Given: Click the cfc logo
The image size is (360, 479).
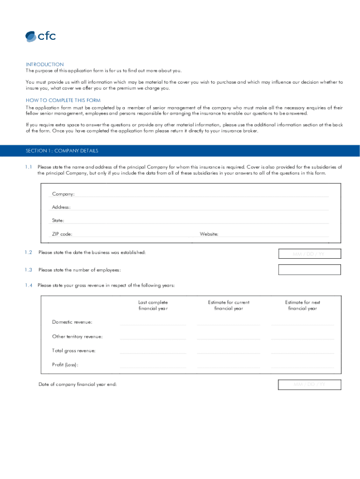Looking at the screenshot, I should coord(40,36).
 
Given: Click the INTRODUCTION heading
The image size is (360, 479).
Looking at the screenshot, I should coord(44,65).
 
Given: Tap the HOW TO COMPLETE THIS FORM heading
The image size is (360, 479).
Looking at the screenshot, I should coord(63,101).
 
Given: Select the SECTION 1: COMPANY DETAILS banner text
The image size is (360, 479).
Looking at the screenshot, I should coord(62,151).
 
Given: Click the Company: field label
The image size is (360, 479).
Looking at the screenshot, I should coord(63,194).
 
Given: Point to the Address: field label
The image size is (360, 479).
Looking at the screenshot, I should coord(61,207).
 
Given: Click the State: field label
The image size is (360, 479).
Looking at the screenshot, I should coord(58,220).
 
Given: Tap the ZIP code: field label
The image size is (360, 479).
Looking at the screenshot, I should coord(62,234).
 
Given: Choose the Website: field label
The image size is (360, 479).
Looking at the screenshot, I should coord(209,234).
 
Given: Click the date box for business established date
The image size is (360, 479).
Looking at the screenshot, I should coord(310,254).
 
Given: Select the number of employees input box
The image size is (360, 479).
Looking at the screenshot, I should coord(310,270).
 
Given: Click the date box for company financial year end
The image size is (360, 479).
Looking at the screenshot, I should coord(310,385).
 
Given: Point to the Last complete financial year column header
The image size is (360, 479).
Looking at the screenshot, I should coord(153,305).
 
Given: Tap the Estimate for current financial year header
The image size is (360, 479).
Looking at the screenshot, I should coord(229,305).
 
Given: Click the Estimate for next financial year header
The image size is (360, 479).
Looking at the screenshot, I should coord(302,305).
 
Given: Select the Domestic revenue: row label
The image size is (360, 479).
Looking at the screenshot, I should coord(72,322).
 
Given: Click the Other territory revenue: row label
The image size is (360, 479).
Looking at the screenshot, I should coord(77,336).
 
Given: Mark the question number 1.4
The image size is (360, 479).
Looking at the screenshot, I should coord(29,285).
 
